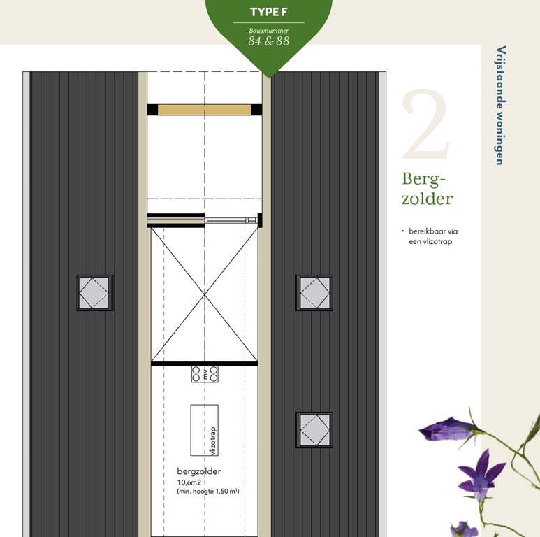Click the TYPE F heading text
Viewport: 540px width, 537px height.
269,12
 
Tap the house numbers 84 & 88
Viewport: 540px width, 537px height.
269,41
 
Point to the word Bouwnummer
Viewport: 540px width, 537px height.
269,31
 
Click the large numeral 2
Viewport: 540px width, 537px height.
425,124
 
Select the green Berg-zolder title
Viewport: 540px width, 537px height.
427,189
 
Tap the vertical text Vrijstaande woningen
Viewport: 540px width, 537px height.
500,106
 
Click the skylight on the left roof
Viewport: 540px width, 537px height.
95,293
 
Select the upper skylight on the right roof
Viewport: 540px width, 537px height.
314,293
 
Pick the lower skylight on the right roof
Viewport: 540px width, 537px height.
314,430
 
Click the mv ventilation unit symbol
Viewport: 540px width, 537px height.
205,374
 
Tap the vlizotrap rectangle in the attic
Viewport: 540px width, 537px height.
205,430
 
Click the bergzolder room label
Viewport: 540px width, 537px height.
198,471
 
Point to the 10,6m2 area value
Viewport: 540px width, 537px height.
189,482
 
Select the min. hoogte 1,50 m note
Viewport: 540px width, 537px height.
208,491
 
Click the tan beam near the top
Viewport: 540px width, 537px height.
204,110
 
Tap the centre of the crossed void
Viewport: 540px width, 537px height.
205,294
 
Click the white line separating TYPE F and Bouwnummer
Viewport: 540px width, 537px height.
269,23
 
